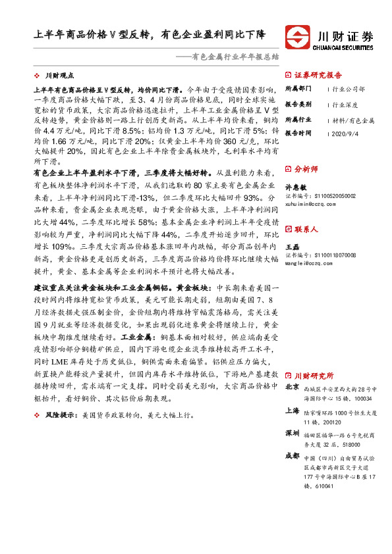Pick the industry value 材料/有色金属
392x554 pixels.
tap(353, 120)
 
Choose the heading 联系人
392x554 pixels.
tap(307, 230)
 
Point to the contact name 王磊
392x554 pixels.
tap(291, 246)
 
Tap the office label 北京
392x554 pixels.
tap(291, 388)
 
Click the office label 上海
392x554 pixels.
tap(291, 411)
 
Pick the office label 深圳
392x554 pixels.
tap(291, 433)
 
